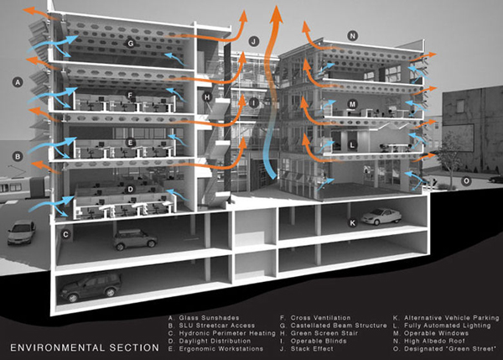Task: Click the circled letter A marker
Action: (x=18, y=82)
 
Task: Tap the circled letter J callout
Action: (x=254, y=41)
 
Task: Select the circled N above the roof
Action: (x=353, y=35)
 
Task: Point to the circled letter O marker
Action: (x=466, y=181)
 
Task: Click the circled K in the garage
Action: (x=353, y=222)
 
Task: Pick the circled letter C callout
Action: (x=65, y=234)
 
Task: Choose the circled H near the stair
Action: (x=207, y=97)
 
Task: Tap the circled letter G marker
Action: (x=130, y=43)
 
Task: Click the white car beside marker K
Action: (x=381, y=217)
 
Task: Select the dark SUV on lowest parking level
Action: (x=91, y=286)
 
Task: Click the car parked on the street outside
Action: (x=21, y=232)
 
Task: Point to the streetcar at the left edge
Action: (x=24, y=188)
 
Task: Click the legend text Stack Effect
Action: (x=312, y=349)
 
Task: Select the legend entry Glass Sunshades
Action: (x=209, y=318)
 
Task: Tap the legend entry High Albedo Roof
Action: (x=434, y=341)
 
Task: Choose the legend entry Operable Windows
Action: (x=436, y=333)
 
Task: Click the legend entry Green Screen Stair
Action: (x=324, y=333)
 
